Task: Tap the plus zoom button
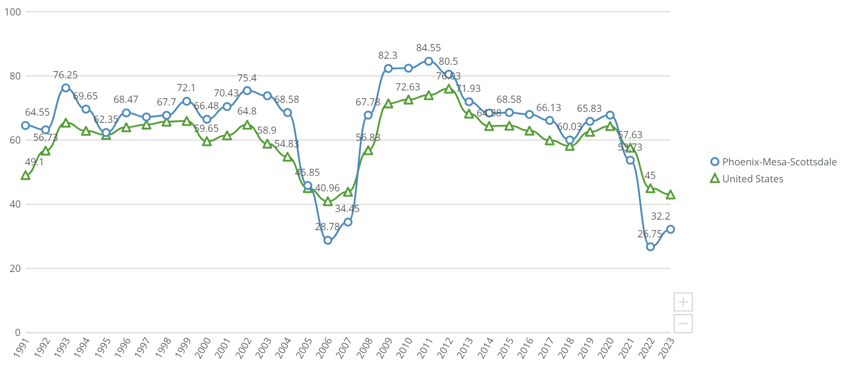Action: pyautogui.click(x=683, y=302)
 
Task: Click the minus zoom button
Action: pyautogui.click(x=683, y=324)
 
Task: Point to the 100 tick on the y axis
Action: pyautogui.click(x=13, y=12)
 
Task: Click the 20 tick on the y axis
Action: pyautogui.click(x=15, y=268)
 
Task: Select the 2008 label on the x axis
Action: pyautogui.click(x=365, y=347)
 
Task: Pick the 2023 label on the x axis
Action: pyautogui.click(x=666, y=347)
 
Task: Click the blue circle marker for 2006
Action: pyautogui.click(x=328, y=240)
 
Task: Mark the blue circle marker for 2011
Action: pyautogui.click(x=428, y=61)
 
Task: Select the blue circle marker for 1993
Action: pyautogui.click(x=66, y=88)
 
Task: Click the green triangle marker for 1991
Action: pyautogui.click(x=26, y=175)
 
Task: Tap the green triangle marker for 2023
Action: pyautogui.click(x=670, y=195)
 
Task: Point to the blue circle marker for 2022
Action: pyautogui.click(x=650, y=247)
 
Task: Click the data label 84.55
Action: pyautogui.click(x=428, y=48)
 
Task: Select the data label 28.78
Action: pyautogui.click(x=327, y=227)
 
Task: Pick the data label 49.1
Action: pyautogui.click(x=34, y=162)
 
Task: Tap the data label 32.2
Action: pyautogui.click(x=660, y=216)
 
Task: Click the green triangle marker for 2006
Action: pyautogui.click(x=328, y=202)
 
